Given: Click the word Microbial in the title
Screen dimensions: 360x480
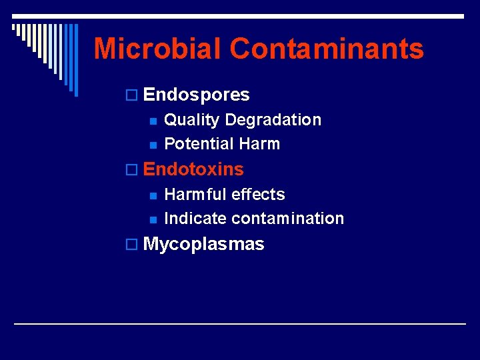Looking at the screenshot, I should click(x=157, y=49).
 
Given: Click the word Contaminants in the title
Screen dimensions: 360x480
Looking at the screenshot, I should click(x=327, y=49).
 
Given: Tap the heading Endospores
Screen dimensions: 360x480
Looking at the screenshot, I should click(x=196, y=95).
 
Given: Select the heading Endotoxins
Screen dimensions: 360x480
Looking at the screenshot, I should click(x=193, y=169).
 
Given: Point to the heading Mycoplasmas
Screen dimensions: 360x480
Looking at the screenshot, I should click(x=203, y=245).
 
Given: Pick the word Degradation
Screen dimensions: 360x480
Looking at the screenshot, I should click(x=273, y=120).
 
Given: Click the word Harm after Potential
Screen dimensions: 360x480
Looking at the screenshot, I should click(x=259, y=144).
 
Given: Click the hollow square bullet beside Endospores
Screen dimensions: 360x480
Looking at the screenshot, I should click(x=134, y=96).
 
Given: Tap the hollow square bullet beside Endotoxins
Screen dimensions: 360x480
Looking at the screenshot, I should click(x=134, y=171).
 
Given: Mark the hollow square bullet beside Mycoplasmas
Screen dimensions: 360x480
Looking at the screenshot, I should click(x=134, y=245).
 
